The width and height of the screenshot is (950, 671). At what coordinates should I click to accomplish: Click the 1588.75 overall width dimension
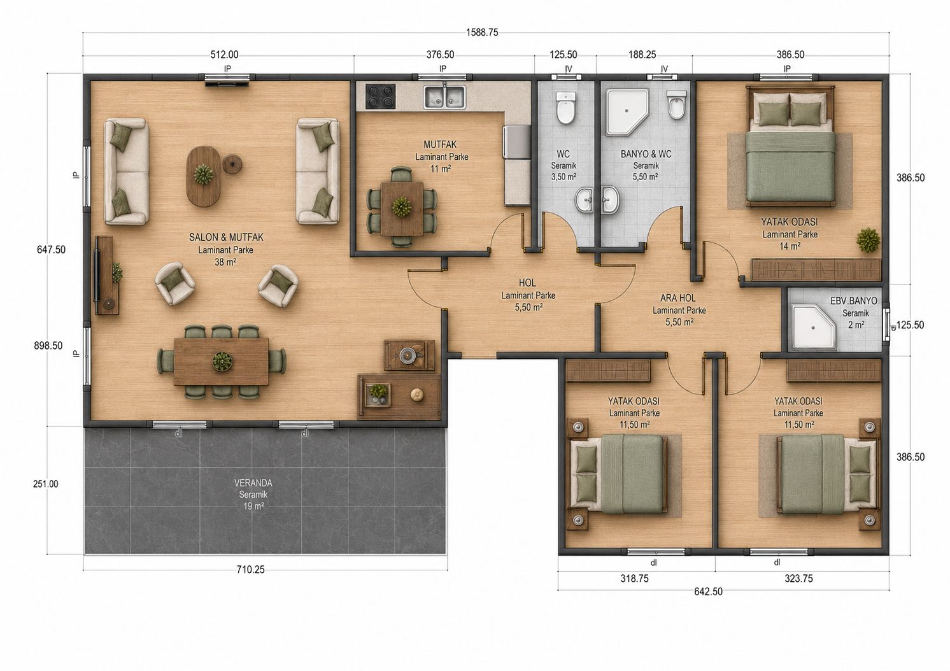click(482, 32)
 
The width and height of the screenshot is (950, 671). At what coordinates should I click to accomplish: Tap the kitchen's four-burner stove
click(380, 95)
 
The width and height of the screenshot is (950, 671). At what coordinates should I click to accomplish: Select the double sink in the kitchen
click(444, 97)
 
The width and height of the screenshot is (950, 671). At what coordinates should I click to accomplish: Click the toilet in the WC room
click(565, 108)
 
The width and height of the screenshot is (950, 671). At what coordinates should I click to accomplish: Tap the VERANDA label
click(253, 483)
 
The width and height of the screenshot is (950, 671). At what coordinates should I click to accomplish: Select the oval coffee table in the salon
click(204, 176)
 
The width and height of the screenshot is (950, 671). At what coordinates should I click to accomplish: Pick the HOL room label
click(527, 283)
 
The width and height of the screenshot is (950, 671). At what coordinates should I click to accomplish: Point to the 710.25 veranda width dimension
click(251, 569)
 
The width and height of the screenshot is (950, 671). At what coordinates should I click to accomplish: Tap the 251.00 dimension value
click(45, 484)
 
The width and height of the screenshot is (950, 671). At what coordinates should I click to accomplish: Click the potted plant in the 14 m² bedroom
click(868, 241)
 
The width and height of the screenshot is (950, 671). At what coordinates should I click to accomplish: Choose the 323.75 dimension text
click(798, 579)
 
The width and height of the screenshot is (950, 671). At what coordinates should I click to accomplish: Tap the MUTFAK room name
click(440, 145)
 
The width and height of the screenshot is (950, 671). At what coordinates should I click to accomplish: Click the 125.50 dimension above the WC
click(564, 55)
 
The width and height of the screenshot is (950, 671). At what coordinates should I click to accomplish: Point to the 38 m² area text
click(225, 262)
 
